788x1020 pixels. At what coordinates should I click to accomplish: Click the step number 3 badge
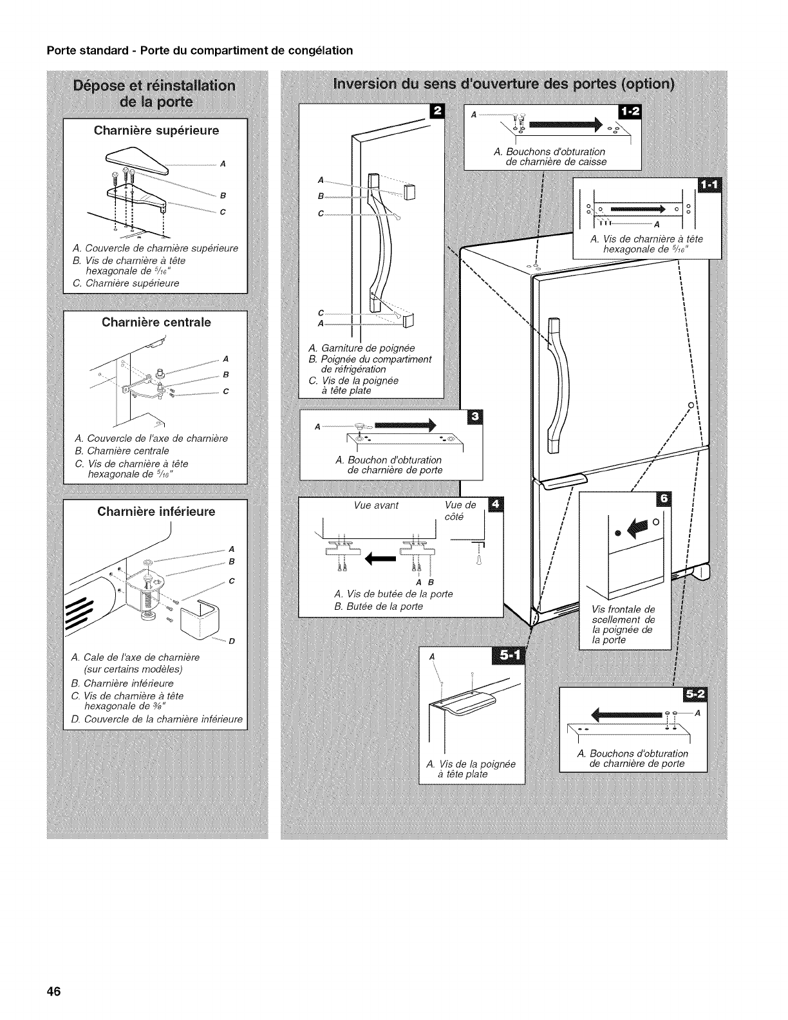tap(476, 417)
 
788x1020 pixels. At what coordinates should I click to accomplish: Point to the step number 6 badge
tap(662, 499)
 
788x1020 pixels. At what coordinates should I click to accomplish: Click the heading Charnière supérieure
tap(156, 131)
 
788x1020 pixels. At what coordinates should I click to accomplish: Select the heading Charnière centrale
tap(156, 322)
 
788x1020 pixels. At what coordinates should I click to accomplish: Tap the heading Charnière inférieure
tap(156, 512)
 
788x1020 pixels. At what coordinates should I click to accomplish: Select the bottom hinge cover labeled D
tap(200, 621)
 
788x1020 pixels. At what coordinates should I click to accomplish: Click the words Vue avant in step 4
tap(377, 505)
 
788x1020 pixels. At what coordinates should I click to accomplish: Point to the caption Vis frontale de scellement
tap(622, 624)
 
